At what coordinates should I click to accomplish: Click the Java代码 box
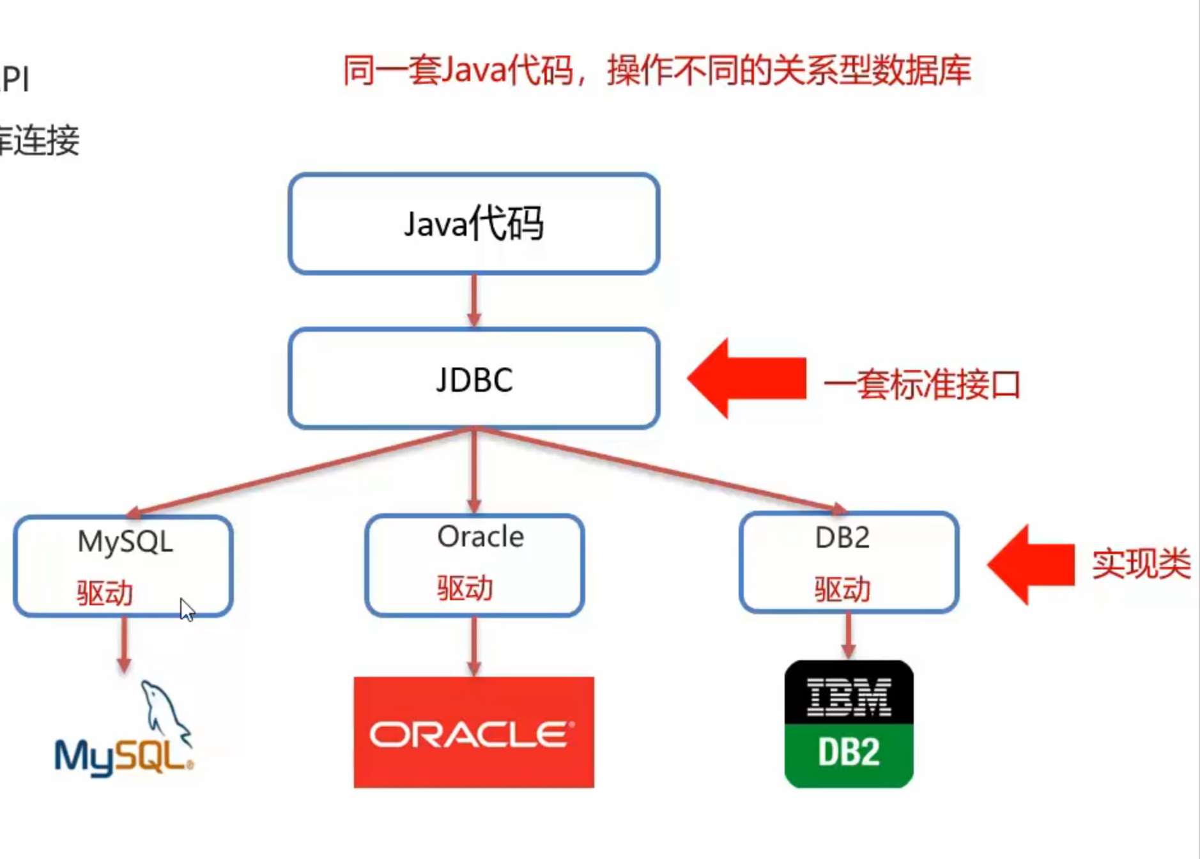pyautogui.click(x=473, y=224)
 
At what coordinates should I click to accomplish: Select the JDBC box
pyautogui.click(x=473, y=379)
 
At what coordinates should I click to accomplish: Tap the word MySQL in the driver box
pyautogui.click(x=125, y=542)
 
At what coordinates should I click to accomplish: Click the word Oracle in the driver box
pyautogui.click(x=481, y=537)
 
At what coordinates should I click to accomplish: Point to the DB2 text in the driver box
pyautogui.click(x=842, y=538)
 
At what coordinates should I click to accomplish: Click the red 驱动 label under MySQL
pyautogui.click(x=105, y=593)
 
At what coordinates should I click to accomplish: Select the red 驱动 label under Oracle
pyautogui.click(x=465, y=588)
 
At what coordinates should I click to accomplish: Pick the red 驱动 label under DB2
pyautogui.click(x=842, y=589)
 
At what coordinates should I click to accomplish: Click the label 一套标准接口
pyautogui.click(x=921, y=385)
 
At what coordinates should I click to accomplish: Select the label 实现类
pyautogui.click(x=1141, y=564)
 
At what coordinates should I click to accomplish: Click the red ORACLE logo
pyautogui.click(x=473, y=732)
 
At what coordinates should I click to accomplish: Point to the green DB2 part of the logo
pyautogui.click(x=849, y=753)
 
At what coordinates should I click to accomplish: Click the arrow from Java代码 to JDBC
pyautogui.click(x=473, y=300)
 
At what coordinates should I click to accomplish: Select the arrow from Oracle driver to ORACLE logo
pyautogui.click(x=473, y=646)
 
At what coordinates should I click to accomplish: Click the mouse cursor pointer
pyautogui.click(x=186, y=609)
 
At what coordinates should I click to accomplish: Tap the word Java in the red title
pyautogui.click(x=473, y=70)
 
